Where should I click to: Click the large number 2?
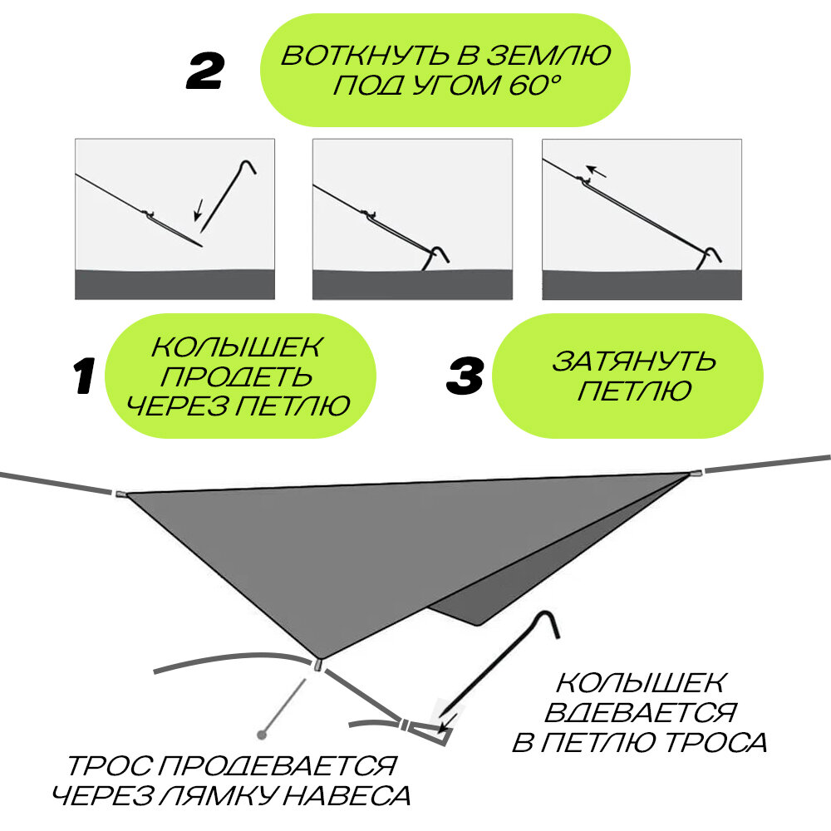(x=204, y=73)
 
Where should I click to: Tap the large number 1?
(x=84, y=376)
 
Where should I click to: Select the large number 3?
(x=465, y=376)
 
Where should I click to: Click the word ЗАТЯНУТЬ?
(x=634, y=361)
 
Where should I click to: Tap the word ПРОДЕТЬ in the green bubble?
(x=237, y=376)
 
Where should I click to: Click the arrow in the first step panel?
(x=199, y=213)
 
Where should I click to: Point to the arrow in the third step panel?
(x=597, y=173)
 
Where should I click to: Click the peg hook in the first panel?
(x=246, y=166)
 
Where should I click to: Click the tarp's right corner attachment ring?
(x=695, y=473)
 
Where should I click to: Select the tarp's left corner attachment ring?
(x=121, y=494)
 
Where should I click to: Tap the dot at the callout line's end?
(x=263, y=734)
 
